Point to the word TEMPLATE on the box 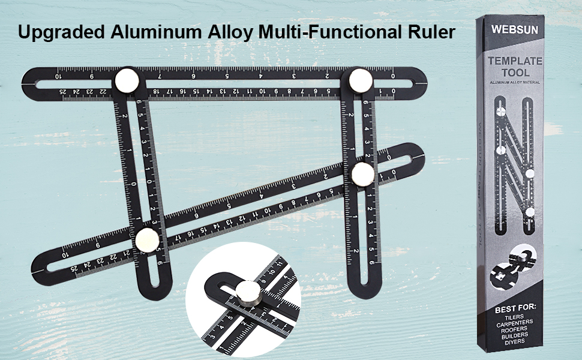(x=515, y=61)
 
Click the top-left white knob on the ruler (x=127, y=80)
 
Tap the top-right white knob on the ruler (x=360, y=80)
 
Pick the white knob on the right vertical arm (x=363, y=175)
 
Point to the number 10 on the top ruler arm (x=58, y=77)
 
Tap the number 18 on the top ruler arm (x=155, y=92)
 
